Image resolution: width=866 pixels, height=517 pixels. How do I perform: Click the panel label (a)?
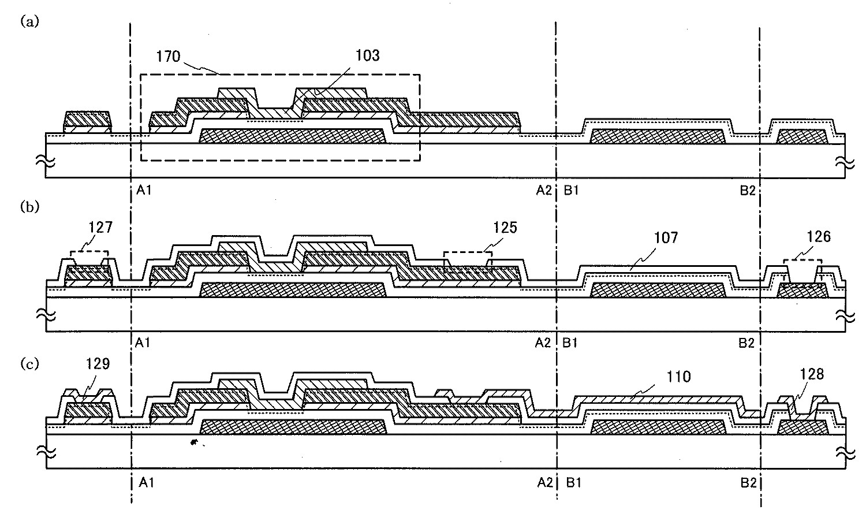click(29, 23)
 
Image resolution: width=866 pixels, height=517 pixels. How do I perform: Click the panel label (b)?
click(29, 206)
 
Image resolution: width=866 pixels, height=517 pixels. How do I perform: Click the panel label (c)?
click(29, 364)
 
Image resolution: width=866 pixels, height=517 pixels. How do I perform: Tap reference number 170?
click(169, 57)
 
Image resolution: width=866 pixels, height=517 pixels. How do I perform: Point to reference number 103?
click(368, 55)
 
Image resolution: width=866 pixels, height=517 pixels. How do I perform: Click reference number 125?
click(505, 228)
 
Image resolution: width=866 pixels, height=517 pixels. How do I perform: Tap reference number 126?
click(819, 236)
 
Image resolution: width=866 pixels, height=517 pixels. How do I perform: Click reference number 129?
click(98, 366)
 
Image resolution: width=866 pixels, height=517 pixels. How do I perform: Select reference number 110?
click(679, 377)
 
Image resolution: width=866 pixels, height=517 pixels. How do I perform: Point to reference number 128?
click(812, 374)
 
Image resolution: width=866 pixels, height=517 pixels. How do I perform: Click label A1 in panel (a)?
click(144, 190)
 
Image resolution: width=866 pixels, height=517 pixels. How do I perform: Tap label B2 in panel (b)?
click(746, 343)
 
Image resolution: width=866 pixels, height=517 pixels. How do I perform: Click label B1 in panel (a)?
click(572, 190)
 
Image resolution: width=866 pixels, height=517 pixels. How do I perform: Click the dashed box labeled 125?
click(468, 259)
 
